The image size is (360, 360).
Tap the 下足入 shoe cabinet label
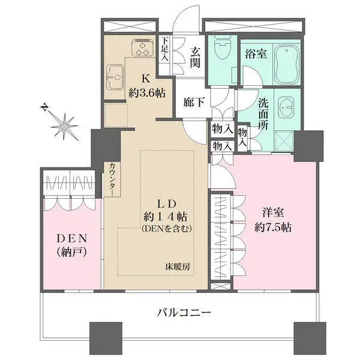click(165, 49)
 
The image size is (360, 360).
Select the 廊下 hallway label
click(197, 102)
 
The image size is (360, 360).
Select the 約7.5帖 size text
click(272, 227)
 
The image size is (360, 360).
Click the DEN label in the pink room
click(71, 238)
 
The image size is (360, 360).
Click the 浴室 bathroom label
click(256, 54)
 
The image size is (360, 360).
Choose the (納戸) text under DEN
click(71, 253)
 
